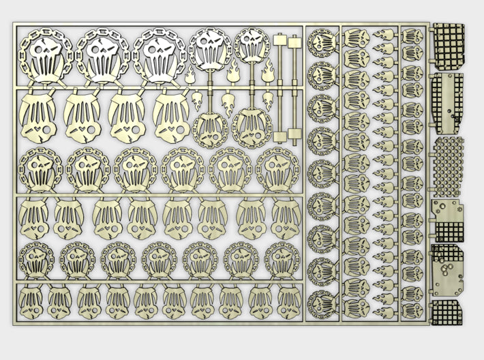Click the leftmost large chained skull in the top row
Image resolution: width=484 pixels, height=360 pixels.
pos(46,55)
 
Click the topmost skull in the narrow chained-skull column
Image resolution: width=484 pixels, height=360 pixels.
pos(322,42)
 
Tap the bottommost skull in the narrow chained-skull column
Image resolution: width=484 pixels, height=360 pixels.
pos(322,305)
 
